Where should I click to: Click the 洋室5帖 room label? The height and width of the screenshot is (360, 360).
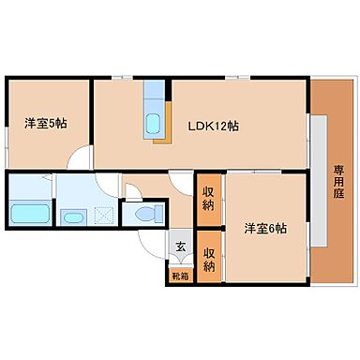(44, 121)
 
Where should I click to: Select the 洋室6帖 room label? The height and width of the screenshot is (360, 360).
(265, 228)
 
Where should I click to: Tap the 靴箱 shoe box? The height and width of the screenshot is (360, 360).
(179, 276)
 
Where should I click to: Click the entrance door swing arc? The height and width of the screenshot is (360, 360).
(150, 247)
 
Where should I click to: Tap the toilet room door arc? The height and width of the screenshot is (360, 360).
(134, 195)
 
